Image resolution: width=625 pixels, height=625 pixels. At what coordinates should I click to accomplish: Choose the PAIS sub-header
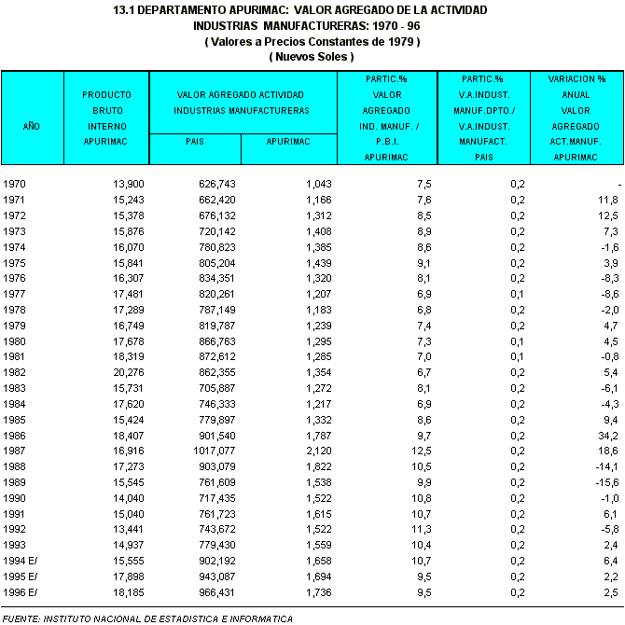coord(195,142)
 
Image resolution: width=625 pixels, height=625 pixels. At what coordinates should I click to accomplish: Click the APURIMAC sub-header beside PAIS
coord(288,142)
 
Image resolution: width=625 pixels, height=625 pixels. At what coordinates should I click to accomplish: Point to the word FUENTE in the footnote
coord(21,618)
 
